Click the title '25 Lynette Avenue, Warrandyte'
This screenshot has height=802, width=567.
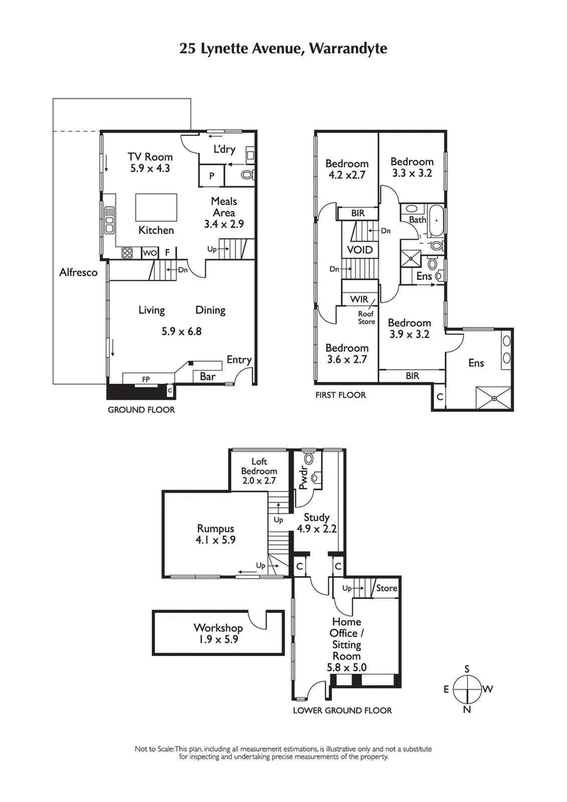tap(283, 48)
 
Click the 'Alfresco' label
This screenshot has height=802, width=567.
tap(78, 272)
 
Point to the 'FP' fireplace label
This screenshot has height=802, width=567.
tap(146, 380)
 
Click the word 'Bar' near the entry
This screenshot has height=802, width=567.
tap(207, 377)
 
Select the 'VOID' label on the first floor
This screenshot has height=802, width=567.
tap(359, 250)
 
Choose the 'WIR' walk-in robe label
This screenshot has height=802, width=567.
tap(359, 300)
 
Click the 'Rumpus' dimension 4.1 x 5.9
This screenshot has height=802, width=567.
tap(215, 539)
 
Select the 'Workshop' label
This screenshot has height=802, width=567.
tap(218, 628)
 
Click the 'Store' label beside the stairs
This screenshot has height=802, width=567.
tap(387, 588)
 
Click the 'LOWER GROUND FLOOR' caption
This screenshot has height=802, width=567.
tap(342, 711)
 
